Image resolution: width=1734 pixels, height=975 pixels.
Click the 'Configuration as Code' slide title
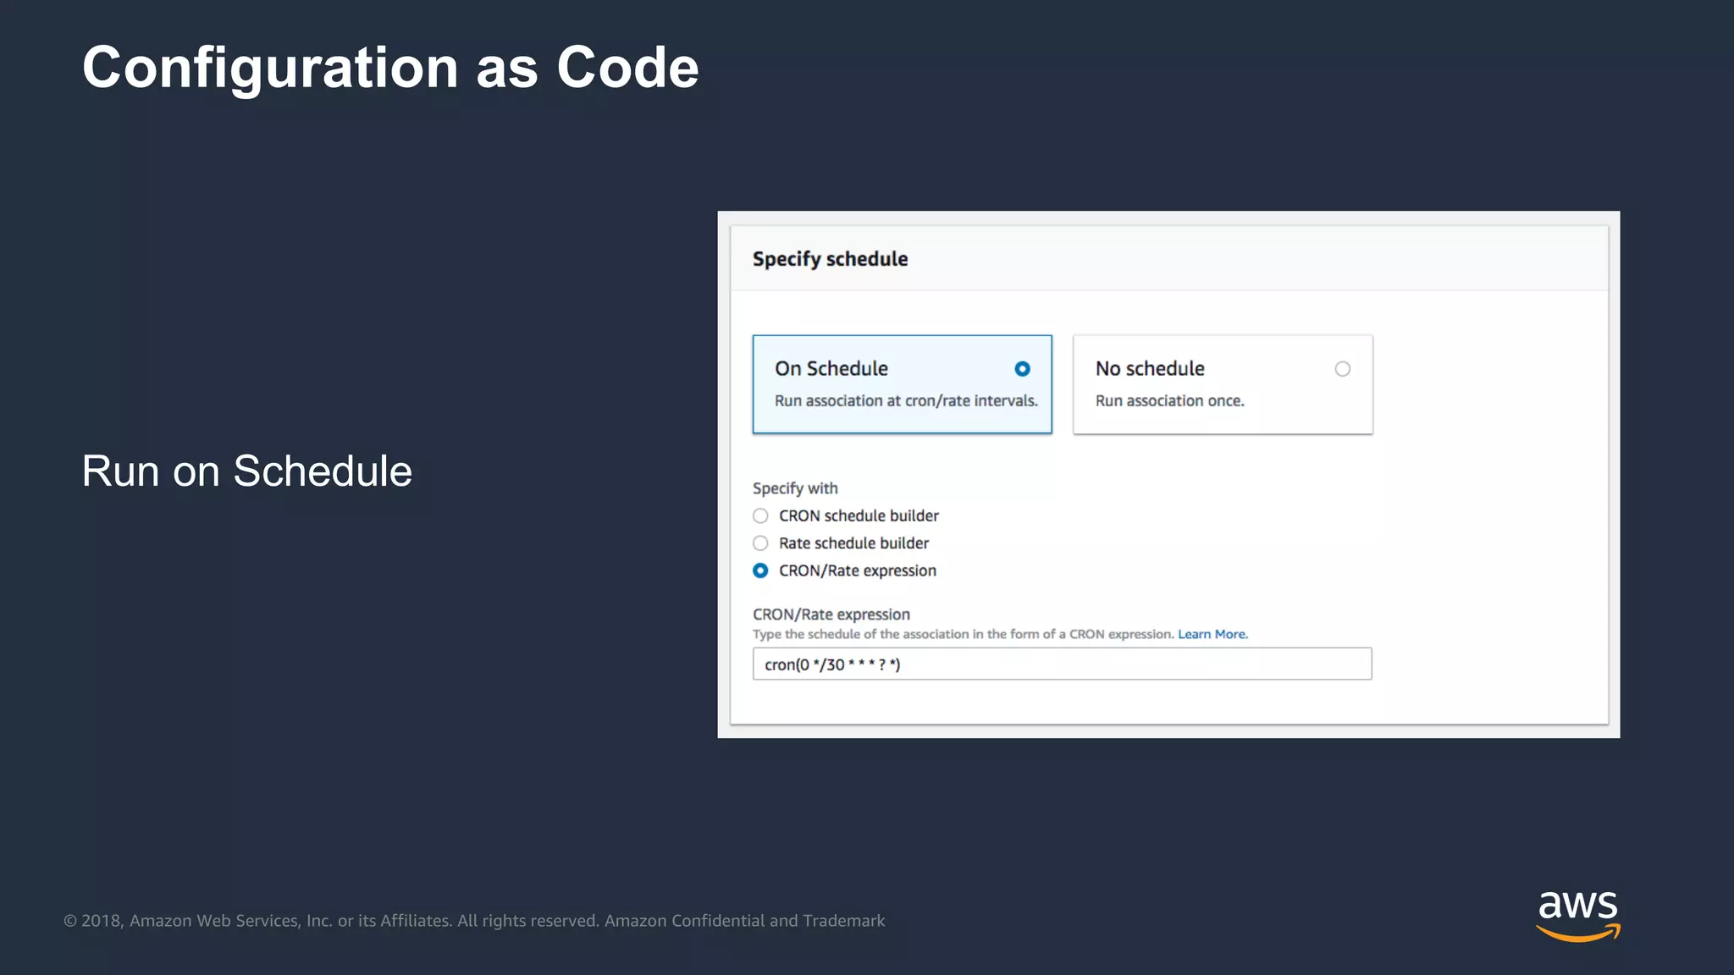coord(390,68)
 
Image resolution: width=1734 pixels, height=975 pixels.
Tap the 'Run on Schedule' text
coord(246,471)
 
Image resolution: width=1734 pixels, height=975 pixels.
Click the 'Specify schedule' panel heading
coord(830,259)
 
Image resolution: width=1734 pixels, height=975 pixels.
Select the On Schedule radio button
coord(1022,369)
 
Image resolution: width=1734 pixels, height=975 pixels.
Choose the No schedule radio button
coord(1342,369)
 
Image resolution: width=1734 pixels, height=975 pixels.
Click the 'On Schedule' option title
coord(831,369)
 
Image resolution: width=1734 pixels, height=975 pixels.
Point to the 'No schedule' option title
coord(1149,369)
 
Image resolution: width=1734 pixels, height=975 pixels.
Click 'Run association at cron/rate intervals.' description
coord(905,401)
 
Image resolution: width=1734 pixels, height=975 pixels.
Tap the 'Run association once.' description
coord(1169,401)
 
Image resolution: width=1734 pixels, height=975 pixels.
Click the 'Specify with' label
coord(794,488)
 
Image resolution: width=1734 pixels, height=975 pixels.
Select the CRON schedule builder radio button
coord(760,516)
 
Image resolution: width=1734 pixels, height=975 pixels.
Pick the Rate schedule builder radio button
coord(760,543)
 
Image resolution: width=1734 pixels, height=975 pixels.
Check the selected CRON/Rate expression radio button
coord(760,571)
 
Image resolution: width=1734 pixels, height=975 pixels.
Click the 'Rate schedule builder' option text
coord(853,543)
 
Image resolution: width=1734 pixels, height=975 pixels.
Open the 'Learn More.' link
coord(1212,635)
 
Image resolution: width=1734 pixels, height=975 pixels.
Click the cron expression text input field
coord(1061,664)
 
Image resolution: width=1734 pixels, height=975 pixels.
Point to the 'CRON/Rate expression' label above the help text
coord(831,614)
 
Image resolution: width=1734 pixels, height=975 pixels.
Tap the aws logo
coord(1577,915)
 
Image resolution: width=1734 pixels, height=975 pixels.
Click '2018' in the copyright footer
coord(102,921)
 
